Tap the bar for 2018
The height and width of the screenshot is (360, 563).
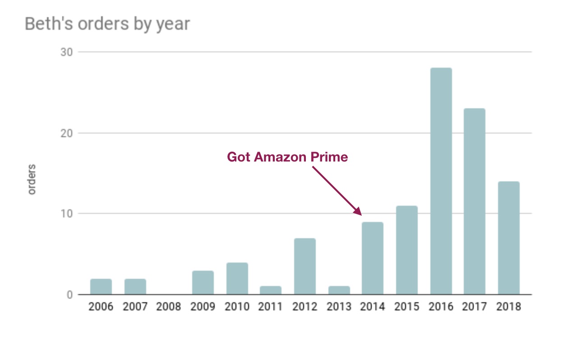tap(508, 238)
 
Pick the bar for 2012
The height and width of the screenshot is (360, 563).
tap(305, 267)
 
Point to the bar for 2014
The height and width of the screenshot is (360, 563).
tap(373, 258)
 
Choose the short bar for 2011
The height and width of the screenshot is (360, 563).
tap(271, 291)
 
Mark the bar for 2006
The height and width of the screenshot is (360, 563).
tap(101, 287)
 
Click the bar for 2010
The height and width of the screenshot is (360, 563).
tap(237, 279)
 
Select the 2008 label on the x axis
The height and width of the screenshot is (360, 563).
tap(169, 307)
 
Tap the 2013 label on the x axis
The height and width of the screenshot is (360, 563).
tap(339, 307)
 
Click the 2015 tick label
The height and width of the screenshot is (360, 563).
tap(406, 307)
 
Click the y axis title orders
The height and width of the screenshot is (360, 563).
tap(32, 180)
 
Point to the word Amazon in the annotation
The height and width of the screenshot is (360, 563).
tap(280, 157)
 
